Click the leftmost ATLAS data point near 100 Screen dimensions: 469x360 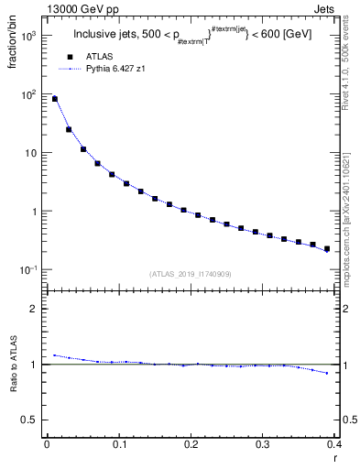(x=55, y=99)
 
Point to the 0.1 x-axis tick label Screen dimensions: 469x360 (x=118, y=443)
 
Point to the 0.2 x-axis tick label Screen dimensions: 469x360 (x=191, y=443)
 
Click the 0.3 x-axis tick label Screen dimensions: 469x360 (x=263, y=443)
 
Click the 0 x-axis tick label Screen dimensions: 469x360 (x=47, y=443)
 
